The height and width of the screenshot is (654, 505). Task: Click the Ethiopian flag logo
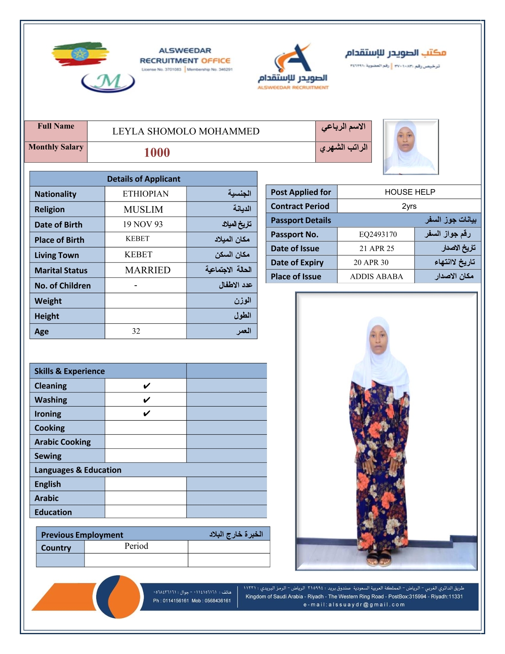(80, 54)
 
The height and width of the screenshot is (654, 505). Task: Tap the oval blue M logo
(108, 82)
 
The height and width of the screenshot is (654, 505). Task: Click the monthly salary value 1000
(157, 152)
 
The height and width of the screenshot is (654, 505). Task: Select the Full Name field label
(56, 126)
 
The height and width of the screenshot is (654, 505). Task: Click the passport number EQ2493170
(378, 235)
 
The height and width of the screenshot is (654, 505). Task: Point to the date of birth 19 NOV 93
(143, 224)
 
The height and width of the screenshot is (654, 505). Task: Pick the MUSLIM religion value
(143, 209)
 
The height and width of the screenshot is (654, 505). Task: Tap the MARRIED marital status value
(148, 270)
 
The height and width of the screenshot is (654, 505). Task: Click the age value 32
(136, 331)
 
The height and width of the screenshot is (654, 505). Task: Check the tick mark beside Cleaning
(146, 386)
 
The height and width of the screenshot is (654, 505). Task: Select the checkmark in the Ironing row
(146, 414)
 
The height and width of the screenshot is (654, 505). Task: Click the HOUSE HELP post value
(410, 192)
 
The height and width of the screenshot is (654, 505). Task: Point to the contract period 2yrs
(409, 206)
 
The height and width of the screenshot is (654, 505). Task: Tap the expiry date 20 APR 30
(371, 262)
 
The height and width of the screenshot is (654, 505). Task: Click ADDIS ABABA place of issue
(376, 277)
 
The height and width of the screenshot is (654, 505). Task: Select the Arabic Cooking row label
(63, 442)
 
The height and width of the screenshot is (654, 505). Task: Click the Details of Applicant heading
(144, 179)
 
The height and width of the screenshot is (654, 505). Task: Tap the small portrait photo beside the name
(411, 147)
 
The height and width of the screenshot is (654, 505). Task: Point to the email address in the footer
(354, 604)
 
